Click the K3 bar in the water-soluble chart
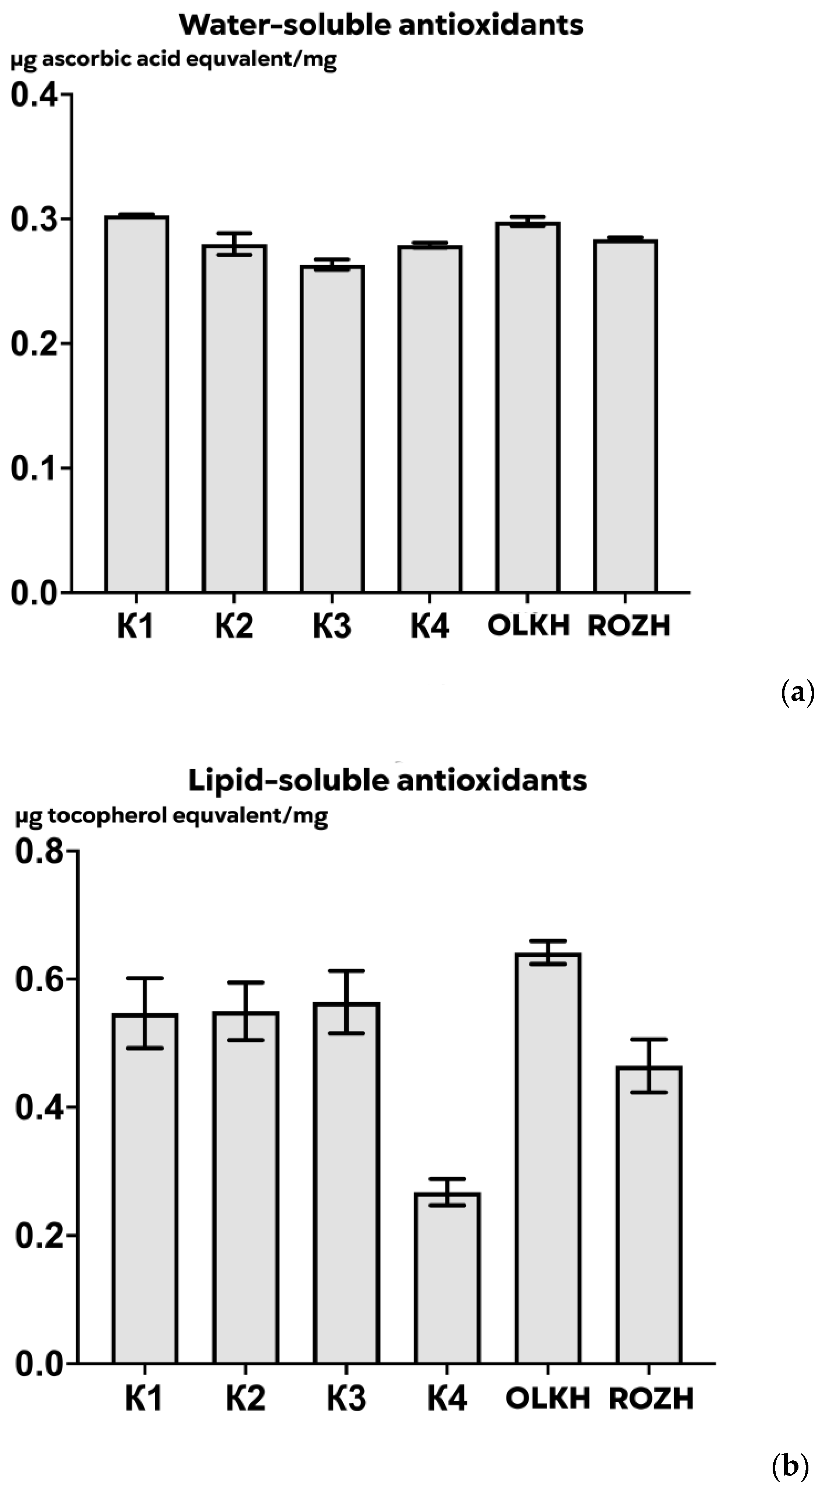point(332,428)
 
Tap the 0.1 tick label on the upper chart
point(35,468)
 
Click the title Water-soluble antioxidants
point(381,25)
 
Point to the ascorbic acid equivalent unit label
point(174,60)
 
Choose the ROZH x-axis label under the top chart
point(629,626)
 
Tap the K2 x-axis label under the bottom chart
point(246,1398)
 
